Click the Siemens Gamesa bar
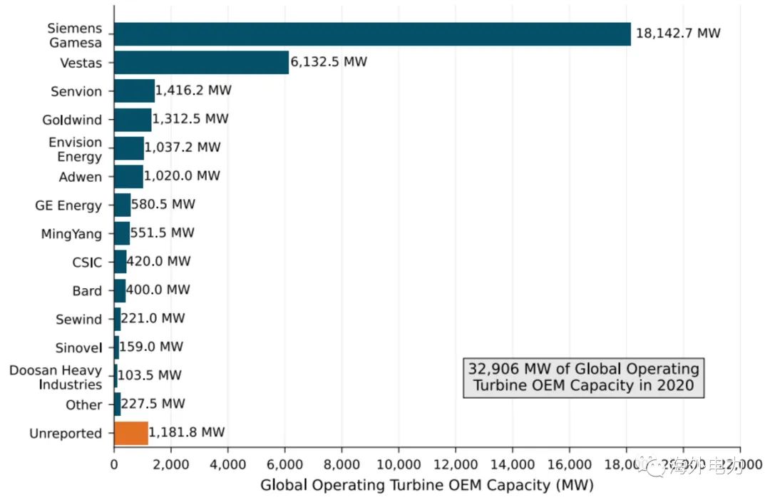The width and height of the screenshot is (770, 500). (x=372, y=34)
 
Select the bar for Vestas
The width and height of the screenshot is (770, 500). (x=201, y=63)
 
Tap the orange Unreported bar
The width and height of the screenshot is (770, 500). (x=131, y=433)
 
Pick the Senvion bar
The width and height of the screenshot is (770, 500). (x=134, y=91)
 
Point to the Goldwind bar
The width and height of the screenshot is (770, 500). (x=133, y=120)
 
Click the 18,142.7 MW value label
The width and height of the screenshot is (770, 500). (x=678, y=34)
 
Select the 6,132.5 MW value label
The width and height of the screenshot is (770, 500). (x=329, y=62)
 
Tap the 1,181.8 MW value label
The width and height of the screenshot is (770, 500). (x=187, y=432)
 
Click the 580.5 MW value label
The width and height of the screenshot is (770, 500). (x=163, y=205)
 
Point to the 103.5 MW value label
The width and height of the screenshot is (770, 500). (x=150, y=375)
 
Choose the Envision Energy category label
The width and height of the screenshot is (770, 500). (x=75, y=149)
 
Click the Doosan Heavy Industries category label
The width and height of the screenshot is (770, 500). (x=56, y=377)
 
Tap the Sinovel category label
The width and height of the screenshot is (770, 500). (x=78, y=348)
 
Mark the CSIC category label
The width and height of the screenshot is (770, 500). (x=87, y=262)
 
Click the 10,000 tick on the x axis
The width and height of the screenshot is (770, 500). (x=399, y=464)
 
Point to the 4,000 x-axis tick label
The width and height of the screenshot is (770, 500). (x=227, y=464)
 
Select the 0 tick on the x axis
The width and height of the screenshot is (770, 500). (x=114, y=464)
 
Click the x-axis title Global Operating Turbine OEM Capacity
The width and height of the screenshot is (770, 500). (x=426, y=486)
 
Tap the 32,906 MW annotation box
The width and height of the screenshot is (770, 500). (x=583, y=377)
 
